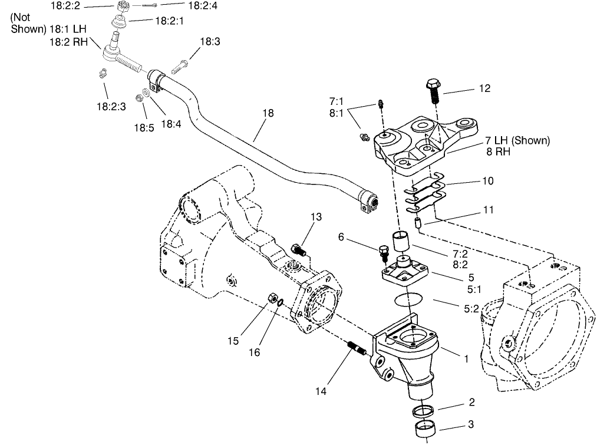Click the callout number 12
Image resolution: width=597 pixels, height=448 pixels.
click(x=484, y=88)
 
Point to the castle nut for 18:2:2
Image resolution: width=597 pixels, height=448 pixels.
click(x=124, y=7)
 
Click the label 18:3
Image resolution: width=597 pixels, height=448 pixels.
click(x=210, y=42)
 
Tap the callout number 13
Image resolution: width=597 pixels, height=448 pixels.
click(x=316, y=217)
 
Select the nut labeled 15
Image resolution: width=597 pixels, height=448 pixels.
click(x=272, y=299)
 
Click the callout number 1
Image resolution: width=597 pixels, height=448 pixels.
click(x=467, y=357)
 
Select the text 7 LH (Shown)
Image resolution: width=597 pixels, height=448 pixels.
click(x=517, y=140)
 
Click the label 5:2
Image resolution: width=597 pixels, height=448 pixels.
click(x=473, y=307)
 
